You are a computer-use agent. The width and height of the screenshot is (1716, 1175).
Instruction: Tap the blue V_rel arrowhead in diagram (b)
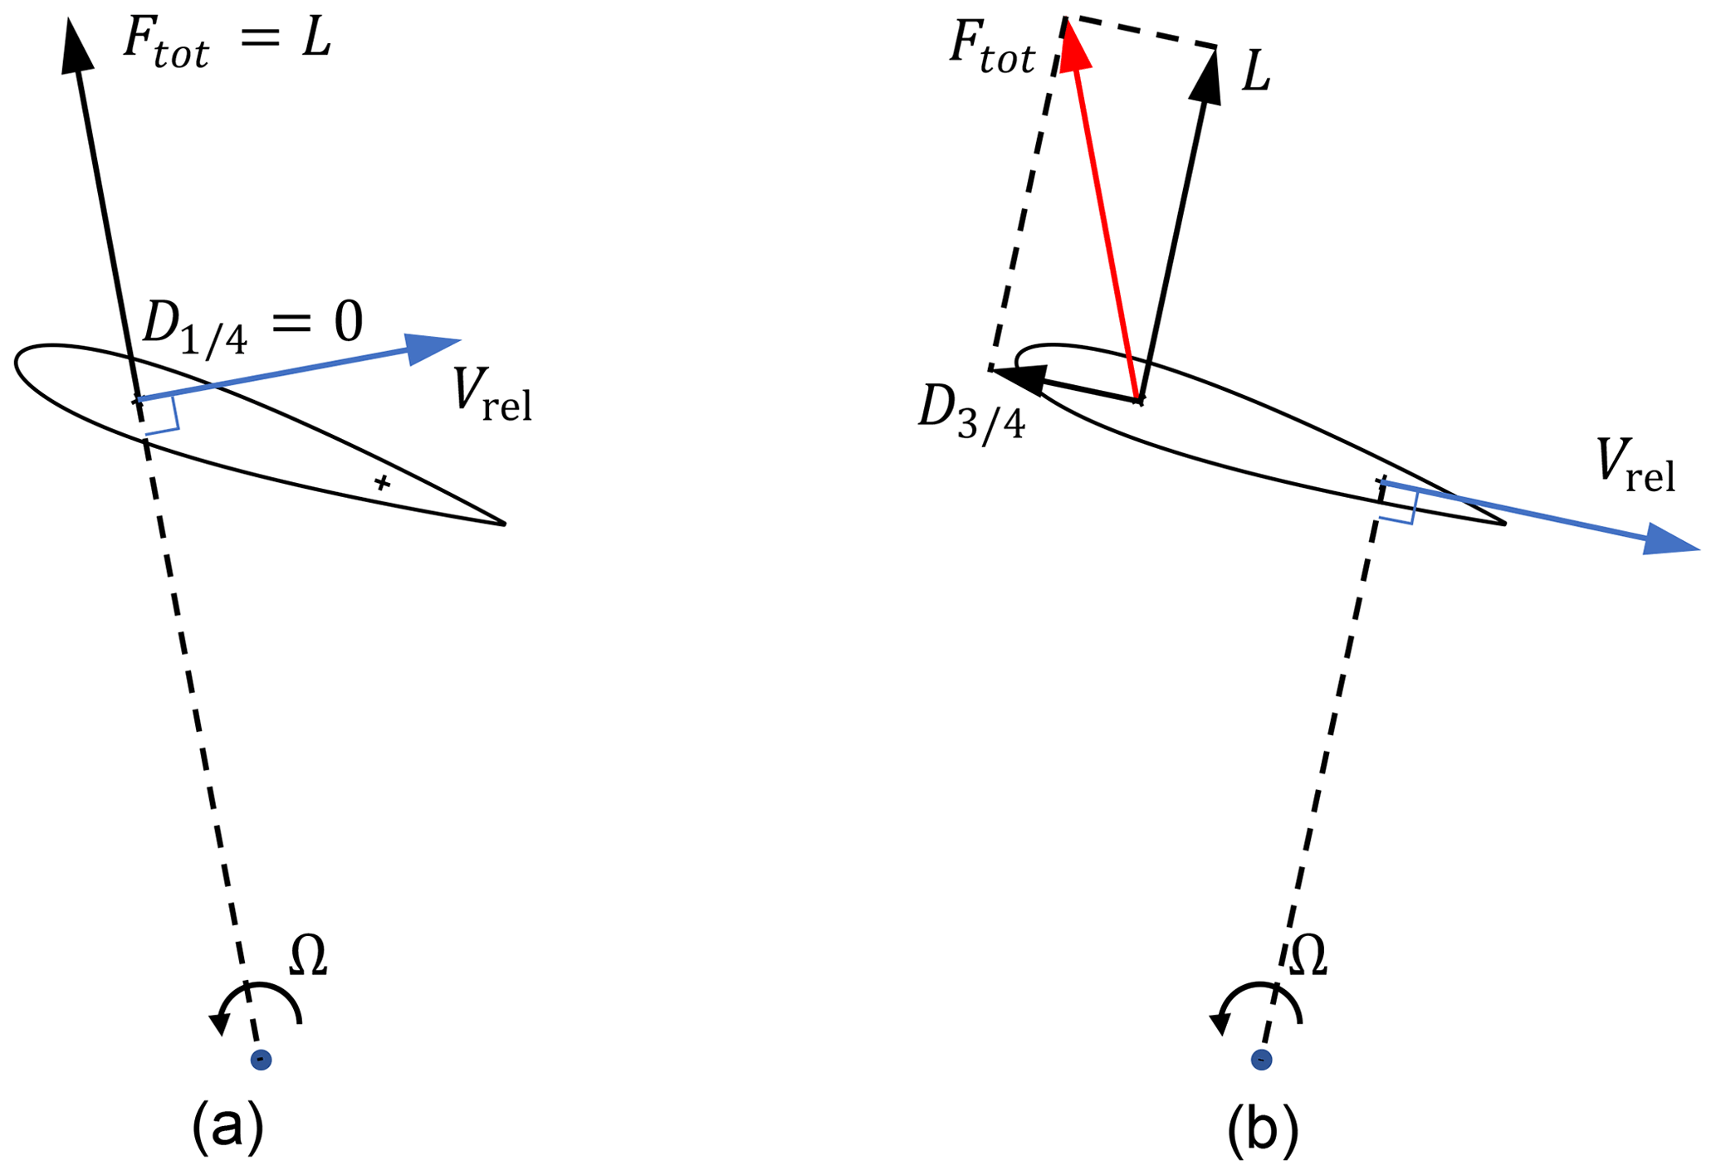pos(1669,540)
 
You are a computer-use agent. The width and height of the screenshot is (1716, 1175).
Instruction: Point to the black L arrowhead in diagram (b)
pos(1208,79)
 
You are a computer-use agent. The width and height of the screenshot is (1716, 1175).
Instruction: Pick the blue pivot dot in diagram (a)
pos(261,1060)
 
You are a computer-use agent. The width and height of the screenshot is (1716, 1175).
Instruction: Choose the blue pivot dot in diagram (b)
pos(1261,1060)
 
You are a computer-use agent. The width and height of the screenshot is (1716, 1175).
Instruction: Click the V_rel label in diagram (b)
pos(1635,466)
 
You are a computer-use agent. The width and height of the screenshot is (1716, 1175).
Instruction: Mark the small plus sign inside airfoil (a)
pos(382,482)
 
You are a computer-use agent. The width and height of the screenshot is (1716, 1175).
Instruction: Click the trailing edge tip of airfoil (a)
pos(504,524)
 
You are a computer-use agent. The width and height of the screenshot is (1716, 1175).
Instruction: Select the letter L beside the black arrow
pos(1256,74)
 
